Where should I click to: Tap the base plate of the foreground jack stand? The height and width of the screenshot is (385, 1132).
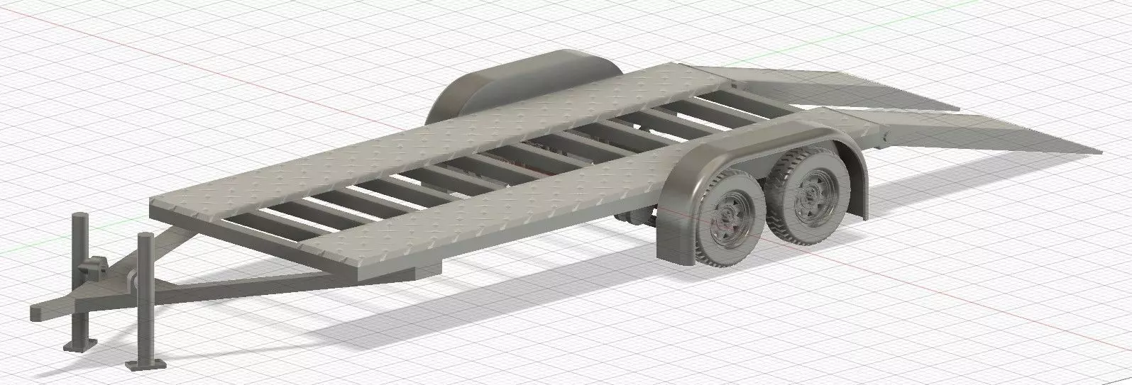tap(145, 364)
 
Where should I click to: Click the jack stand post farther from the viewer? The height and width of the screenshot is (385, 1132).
tap(77, 269)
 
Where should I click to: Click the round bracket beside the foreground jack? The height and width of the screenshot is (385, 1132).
tap(133, 281)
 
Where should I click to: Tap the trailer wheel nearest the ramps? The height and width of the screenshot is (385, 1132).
tap(809, 193)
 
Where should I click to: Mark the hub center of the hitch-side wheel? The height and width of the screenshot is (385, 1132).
tap(725, 222)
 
